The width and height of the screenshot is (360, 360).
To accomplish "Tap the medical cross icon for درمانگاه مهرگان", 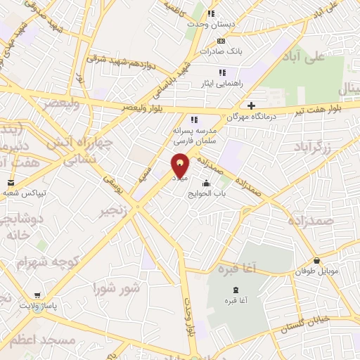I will tap(252, 105).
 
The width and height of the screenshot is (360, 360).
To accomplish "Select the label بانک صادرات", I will tap(220, 51).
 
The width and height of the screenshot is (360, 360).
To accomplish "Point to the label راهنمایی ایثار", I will tap(221, 82).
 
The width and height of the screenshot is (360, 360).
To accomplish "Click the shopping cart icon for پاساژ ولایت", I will tap(36, 296).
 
